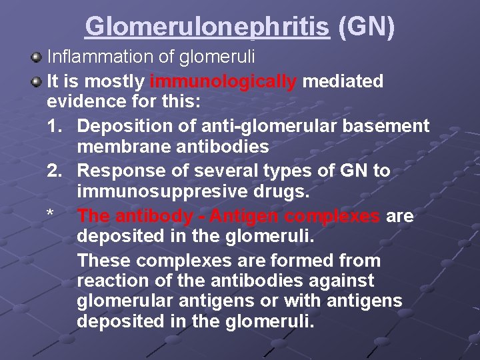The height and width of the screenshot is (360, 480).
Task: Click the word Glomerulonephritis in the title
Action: point(207,26)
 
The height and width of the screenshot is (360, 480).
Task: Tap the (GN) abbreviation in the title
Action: point(367,26)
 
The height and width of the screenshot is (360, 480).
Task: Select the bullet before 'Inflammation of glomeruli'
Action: point(38,57)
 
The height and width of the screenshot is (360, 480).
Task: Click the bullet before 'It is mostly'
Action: point(38,81)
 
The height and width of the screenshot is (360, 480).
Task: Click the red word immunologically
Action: point(224,81)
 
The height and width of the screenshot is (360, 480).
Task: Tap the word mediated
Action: point(343,81)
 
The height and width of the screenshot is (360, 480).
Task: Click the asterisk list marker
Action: point(50,215)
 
